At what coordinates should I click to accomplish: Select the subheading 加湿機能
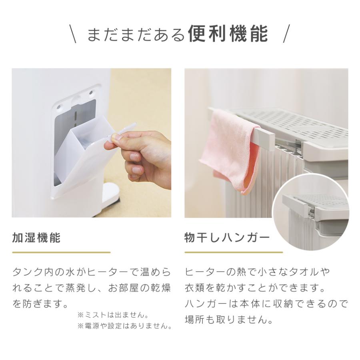pyautogui.click(x=36, y=238)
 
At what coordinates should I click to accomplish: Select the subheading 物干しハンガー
pyautogui.click(x=227, y=238)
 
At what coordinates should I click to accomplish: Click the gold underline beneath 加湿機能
pyautogui.click(x=61, y=252)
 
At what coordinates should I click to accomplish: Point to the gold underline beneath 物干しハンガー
pyautogui.click(x=234, y=252)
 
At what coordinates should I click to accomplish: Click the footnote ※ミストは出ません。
pyautogui.click(x=113, y=315)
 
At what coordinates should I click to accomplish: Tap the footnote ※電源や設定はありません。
pyautogui.click(x=124, y=326)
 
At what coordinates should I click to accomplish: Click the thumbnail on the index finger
pyautogui.click(x=116, y=138)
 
